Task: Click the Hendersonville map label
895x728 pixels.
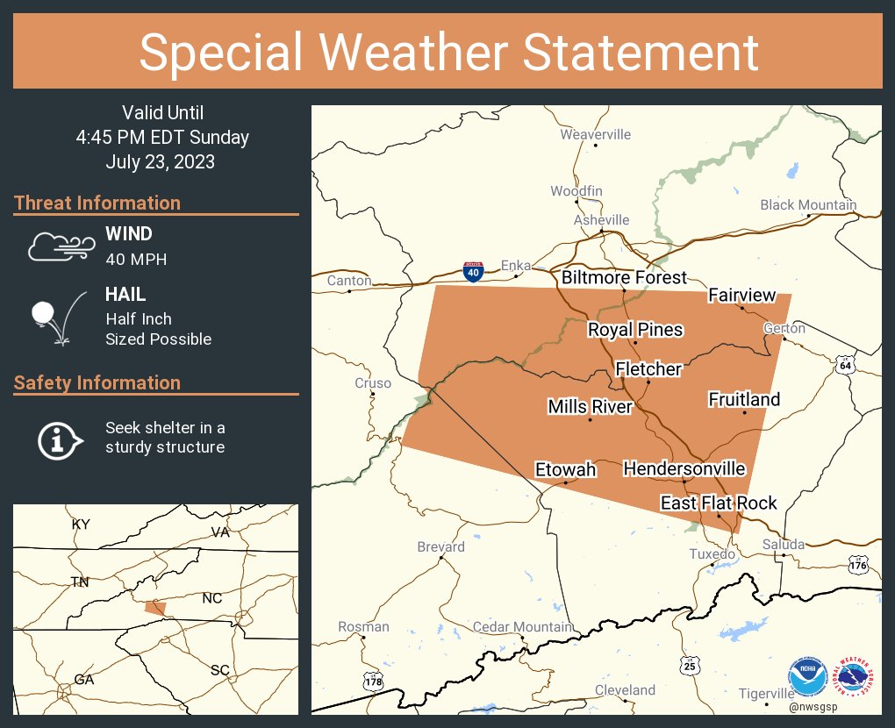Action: pos(684,469)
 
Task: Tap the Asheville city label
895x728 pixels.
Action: pos(601,219)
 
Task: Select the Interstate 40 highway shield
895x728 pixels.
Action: pos(473,272)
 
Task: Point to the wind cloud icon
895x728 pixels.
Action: pos(59,246)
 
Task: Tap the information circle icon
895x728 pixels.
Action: pos(58,439)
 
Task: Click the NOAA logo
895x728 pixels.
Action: pos(806,677)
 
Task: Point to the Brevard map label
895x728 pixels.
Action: pos(440,546)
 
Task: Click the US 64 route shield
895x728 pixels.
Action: pos(844,365)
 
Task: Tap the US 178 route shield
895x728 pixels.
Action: pos(373,681)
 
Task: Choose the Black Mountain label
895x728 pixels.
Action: pos(808,204)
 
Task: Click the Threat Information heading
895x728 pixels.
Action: pos(97,203)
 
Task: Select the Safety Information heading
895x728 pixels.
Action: pos(97,382)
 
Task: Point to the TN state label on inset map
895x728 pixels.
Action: pos(80,582)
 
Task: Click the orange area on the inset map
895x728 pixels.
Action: pos(155,607)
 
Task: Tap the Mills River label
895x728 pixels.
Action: pos(590,406)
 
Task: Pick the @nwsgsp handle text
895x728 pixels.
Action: pos(813,707)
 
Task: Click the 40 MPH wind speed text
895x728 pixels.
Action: pos(136,259)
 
